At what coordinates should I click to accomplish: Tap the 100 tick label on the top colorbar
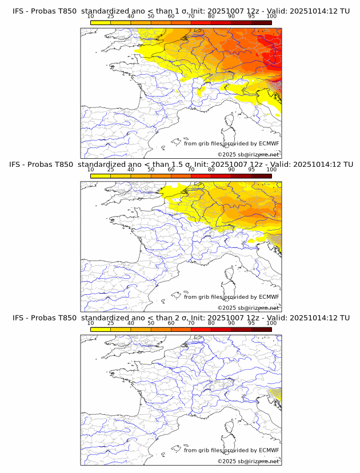click(271, 17)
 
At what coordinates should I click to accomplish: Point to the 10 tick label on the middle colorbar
click(91, 170)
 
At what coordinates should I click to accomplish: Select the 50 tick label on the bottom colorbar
click(151, 323)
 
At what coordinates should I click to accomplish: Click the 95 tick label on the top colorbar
click(251, 17)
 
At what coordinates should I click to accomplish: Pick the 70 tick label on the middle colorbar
click(191, 170)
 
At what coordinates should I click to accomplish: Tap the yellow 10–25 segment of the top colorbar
click(101, 22)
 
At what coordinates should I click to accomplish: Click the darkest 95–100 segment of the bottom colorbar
click(261, 329)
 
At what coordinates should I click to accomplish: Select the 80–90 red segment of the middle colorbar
click(221, 176)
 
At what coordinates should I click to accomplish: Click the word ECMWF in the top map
click(269, 144)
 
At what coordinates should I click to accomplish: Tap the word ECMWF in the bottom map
click(269, 450)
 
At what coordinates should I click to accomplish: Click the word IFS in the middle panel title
click(15, 165)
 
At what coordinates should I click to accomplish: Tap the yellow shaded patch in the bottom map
click(277, 394)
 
